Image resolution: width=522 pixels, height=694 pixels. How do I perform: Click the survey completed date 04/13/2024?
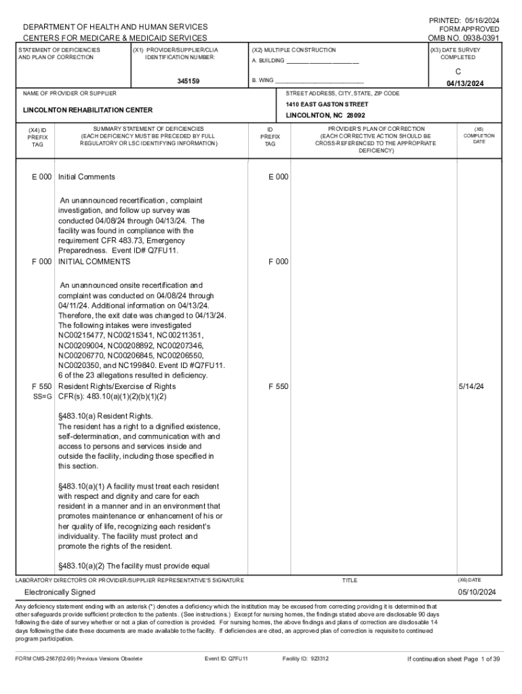(464, 84)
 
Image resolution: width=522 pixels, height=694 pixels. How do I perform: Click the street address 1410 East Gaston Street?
(327, 104)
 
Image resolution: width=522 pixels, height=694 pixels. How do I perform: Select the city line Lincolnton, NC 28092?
(325, 116)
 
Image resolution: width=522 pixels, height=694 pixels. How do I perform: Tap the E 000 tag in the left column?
(41, 177)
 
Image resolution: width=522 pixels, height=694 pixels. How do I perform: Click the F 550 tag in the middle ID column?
(278, 386)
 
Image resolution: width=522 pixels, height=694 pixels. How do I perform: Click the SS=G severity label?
(41, 396)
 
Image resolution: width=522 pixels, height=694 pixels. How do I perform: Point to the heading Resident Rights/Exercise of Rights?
(117, 386)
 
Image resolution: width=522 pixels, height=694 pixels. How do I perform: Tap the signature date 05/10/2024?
(477, 592)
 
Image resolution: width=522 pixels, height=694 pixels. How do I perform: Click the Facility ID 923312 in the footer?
(305, 658)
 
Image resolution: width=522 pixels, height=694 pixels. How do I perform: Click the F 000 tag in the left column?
(41, 262)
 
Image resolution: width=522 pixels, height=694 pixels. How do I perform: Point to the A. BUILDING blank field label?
(268, 63)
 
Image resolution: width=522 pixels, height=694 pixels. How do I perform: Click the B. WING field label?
(263, 81)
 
